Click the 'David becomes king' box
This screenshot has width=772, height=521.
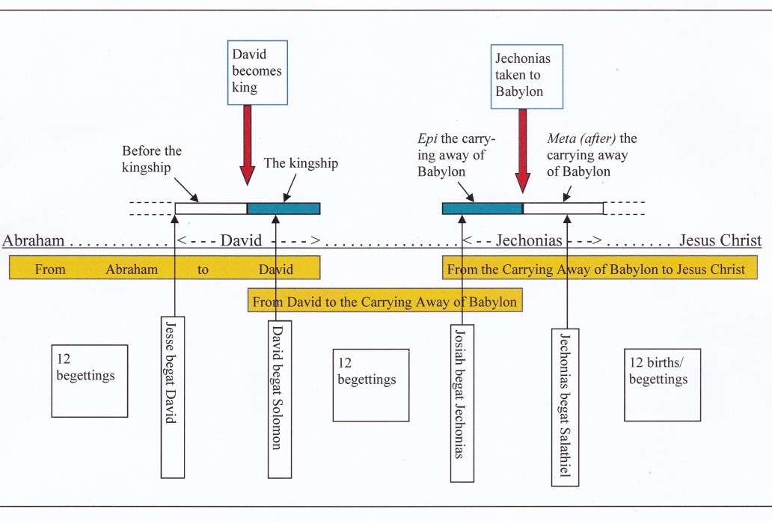click(256, 71)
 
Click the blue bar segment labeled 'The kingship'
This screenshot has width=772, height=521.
click(284, 208)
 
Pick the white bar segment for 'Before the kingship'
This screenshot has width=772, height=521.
click(211, 208)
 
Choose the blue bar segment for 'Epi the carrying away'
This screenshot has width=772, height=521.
click(482, 208)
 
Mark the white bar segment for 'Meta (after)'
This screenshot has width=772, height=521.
click(563, 208)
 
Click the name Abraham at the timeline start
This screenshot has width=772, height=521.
click(34, 241)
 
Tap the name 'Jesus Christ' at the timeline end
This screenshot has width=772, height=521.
click(720, 241)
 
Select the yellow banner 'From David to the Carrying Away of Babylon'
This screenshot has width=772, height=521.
click(385, 302)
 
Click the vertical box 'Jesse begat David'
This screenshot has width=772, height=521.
click(173, 396)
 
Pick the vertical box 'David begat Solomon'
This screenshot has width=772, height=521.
click(278, 397)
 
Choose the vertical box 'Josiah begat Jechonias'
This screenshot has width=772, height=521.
click(462, 402)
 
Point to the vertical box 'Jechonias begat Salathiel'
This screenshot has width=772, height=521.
click(566, 406)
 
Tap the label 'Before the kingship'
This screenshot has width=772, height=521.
click(152, 159)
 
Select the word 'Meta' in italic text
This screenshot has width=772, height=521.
click(561, 138)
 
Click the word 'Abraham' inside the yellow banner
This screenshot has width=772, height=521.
click(131, 269)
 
